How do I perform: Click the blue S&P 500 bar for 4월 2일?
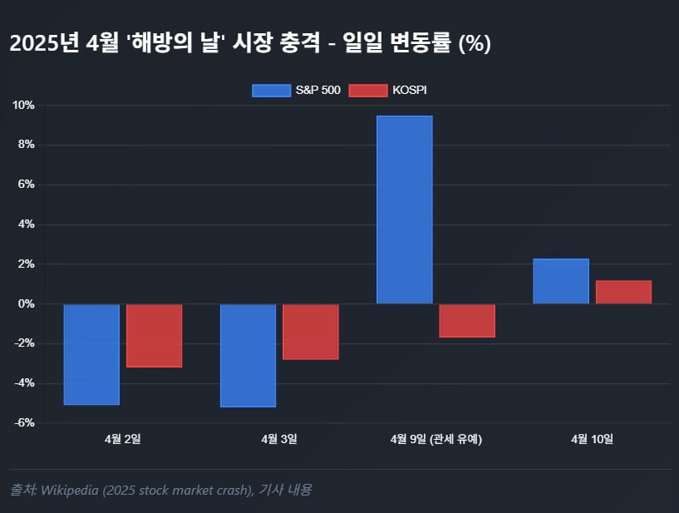(91, 354)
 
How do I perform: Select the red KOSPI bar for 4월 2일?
(154, 336)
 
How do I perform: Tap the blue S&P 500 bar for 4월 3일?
(248, 355)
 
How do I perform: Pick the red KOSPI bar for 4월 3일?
(311, 332)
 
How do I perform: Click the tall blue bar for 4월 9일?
(405, 210)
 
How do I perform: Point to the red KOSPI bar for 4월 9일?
(467, 321)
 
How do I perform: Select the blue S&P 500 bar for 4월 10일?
(561, 281)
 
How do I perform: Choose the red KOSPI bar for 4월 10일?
(623, 292)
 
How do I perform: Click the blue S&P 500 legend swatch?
(272, 91)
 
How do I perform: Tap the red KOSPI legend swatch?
(368, 91)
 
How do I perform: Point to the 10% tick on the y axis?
(23, 106)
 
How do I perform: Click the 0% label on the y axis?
(27, 303)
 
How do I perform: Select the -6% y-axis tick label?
(24, 423)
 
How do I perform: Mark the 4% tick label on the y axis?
(27, 224)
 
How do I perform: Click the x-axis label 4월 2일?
(123, 439)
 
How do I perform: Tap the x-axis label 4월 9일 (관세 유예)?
(436, 439)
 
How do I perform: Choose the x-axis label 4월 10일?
(593, 439)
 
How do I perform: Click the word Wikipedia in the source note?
(70, 490)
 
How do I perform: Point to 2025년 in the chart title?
(44, 43)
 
